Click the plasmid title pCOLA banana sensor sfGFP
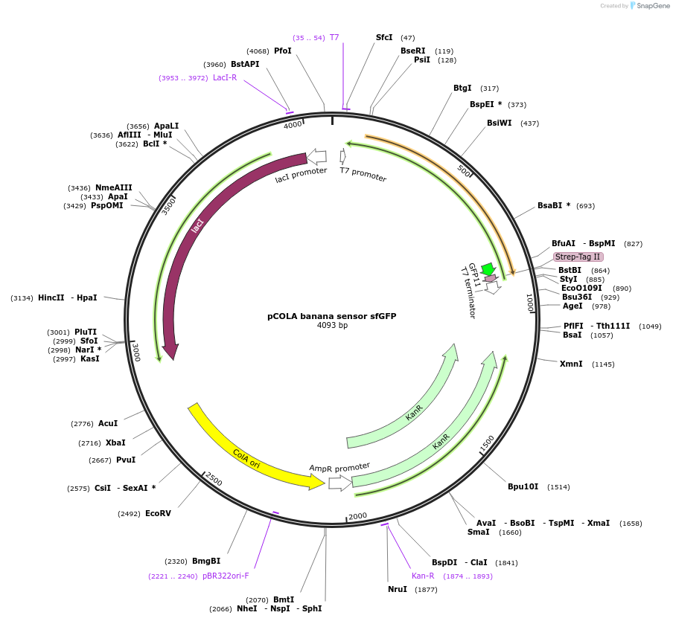tap(331, 316)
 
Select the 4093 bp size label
tap(332, 326)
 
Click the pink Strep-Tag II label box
tap(578, 257)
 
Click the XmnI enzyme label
tap(571, 364)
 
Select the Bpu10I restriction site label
tap(523, 487)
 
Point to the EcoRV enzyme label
tap(158, 513)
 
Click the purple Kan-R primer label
tap(423, 576)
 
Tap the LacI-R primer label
tap(225, 77)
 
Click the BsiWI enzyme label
tap(499, 123)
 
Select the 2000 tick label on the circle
tap(358, 516)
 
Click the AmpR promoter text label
tap(339, 469)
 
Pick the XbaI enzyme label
tap(115, 443)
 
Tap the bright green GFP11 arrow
tap(488, 269)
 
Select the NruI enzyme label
tap(398, 589)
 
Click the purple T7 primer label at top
tap(334, 37)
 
